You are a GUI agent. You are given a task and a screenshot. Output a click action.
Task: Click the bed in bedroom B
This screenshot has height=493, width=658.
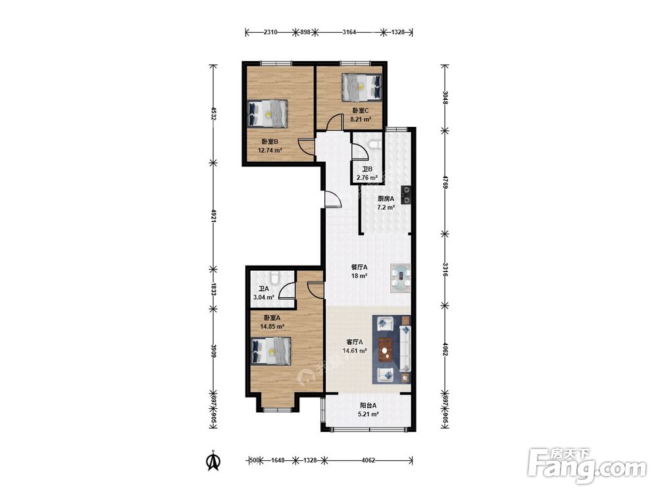pos(268,113)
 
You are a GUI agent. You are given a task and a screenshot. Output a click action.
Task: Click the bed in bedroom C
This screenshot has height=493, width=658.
pos(362,87)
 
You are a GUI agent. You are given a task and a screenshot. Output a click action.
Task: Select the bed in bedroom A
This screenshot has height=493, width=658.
pos(271,351)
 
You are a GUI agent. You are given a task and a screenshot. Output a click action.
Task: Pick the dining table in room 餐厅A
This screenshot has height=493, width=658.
pos(401,278)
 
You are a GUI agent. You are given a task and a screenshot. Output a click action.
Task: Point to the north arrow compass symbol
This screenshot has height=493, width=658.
pos(214,460)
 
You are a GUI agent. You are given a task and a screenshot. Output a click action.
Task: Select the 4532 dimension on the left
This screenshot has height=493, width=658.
pos(214,114)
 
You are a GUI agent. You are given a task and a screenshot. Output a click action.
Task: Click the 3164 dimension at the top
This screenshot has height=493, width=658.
pos(349,32)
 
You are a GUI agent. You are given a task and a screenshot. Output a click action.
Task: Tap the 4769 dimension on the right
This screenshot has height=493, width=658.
pos(445,181)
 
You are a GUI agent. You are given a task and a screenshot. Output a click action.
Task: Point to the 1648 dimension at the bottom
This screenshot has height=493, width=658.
pos(278,460)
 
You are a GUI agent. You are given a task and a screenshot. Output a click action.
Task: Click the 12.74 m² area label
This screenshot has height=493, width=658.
pos(270,150)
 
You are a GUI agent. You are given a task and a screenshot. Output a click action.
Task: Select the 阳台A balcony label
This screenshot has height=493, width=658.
pos(368,406)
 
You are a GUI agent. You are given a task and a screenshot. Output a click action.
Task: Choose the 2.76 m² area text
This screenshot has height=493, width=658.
pos(367,177)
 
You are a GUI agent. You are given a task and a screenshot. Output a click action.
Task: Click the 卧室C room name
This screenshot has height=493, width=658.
pos(361,110)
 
